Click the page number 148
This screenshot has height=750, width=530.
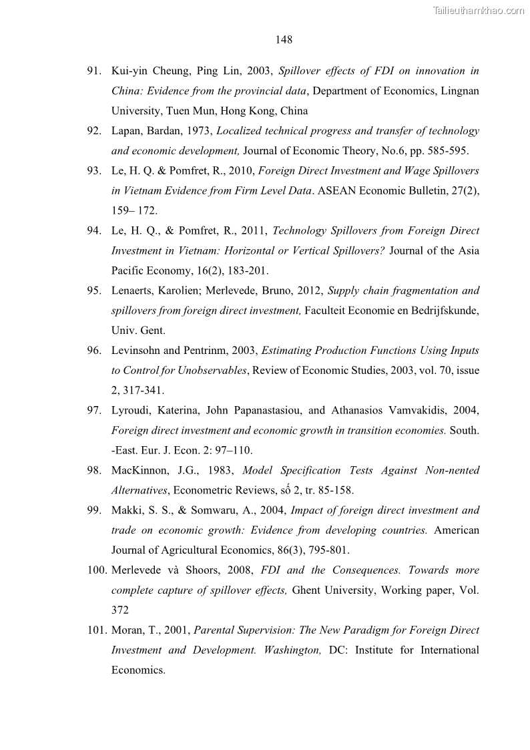(284, 39)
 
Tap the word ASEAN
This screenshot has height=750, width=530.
(338, 191)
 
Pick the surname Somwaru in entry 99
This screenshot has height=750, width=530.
(204, 510)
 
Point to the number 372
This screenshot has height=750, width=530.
(120, 610)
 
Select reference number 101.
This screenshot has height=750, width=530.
(95, 630)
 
